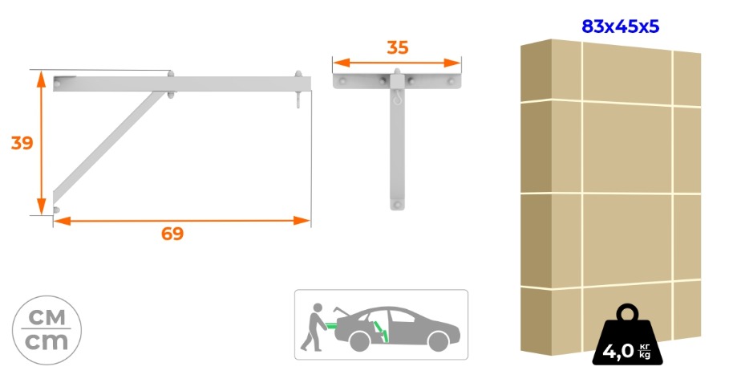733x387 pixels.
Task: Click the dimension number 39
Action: click(x=22, y=143)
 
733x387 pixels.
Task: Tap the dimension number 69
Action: click(x=172, y=234)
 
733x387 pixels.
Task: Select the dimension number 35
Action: click(x=398, y=47)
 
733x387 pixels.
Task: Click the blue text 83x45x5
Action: click(x=621, y=26)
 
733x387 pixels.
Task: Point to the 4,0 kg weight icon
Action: click(x=627, y=338)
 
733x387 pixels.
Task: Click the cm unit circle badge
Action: click(x=47, y=330)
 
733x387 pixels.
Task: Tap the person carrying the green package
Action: click(x=314, y=327)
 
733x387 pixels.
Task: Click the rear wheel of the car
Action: click(x=360, y=341)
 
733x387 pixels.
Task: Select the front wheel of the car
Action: click(x=439, y=341)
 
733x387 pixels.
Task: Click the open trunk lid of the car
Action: click(x=341, y=312)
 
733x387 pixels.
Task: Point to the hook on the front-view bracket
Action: click(x=397, y=100)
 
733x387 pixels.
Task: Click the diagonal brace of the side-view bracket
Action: click(x=108, y=143)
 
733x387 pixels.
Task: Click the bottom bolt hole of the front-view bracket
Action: click(x=397, y=205)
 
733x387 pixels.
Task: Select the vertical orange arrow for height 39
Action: click(x=42, y=143)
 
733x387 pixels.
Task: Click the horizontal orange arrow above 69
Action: click(x=182, y=221)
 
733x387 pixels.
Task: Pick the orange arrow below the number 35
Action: click(x=397, y=63)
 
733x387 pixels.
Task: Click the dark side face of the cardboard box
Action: click(x=537, y=197)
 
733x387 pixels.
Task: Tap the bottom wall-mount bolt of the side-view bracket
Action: click(x=57, y=210)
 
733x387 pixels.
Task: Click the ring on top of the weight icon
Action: click(x=627, y=312)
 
